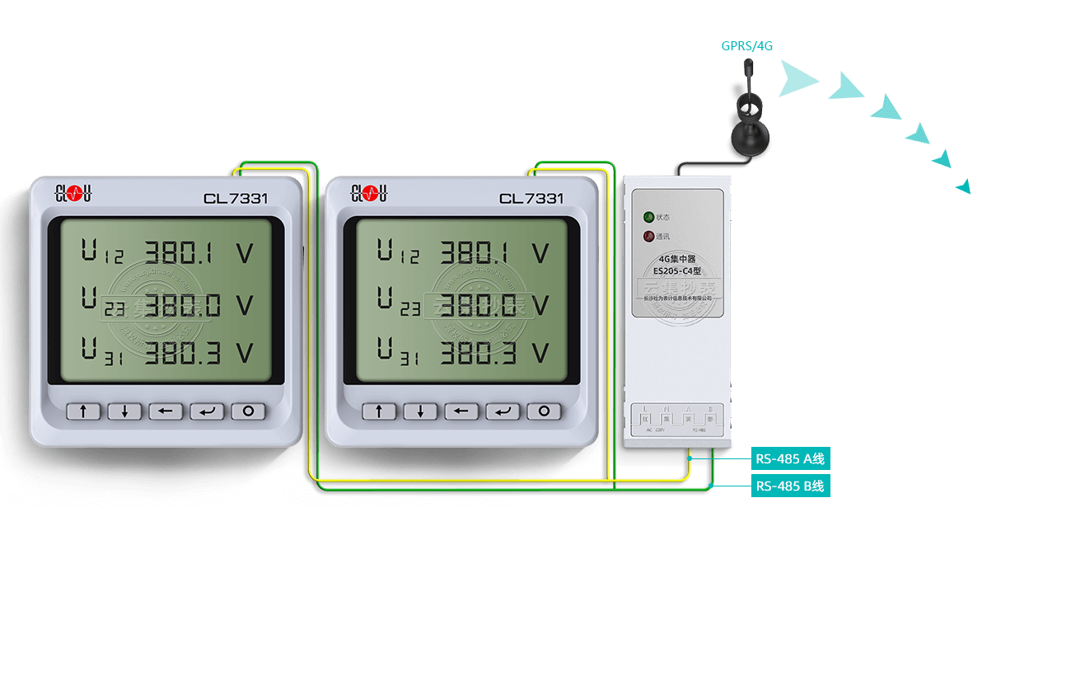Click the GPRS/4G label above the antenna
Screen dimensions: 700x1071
pyautogui.click(x=747, y=46)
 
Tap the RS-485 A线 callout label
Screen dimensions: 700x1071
pyautogui.click(x=789, y=459)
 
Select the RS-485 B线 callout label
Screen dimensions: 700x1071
pyautogui.click(x=789, y=486)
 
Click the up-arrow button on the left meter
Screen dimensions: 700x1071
pyautogui.click(x=83, y=411)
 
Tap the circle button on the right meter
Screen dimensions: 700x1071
pyautogui.click(x=544, y=411)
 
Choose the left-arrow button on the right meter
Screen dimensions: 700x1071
pyautogui.click(x=461, y=411)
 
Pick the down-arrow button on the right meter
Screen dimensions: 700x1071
pyautogui.click(x=420, y=411)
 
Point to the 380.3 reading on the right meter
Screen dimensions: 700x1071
pyautogui.click(x=478, y=354)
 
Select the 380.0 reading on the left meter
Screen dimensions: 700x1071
pyautogui.click(x=183, y=305)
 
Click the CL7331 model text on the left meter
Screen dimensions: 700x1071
pyautogui.click(x=236, y=199)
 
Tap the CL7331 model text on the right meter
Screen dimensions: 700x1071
pyautogui.click(x=531, y=199)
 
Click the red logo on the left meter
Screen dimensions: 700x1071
pyautogui.click(x=73, y=194)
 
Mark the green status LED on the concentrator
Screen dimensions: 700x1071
pyautogui.click(x=649, y=218)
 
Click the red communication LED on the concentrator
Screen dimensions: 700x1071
pyautogui.click(x=649, y=237)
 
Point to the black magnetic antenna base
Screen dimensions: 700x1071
pyautogui.click(x=748, y=142)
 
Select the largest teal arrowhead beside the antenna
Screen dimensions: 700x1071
pyautogui.click(x=796, y=79)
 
